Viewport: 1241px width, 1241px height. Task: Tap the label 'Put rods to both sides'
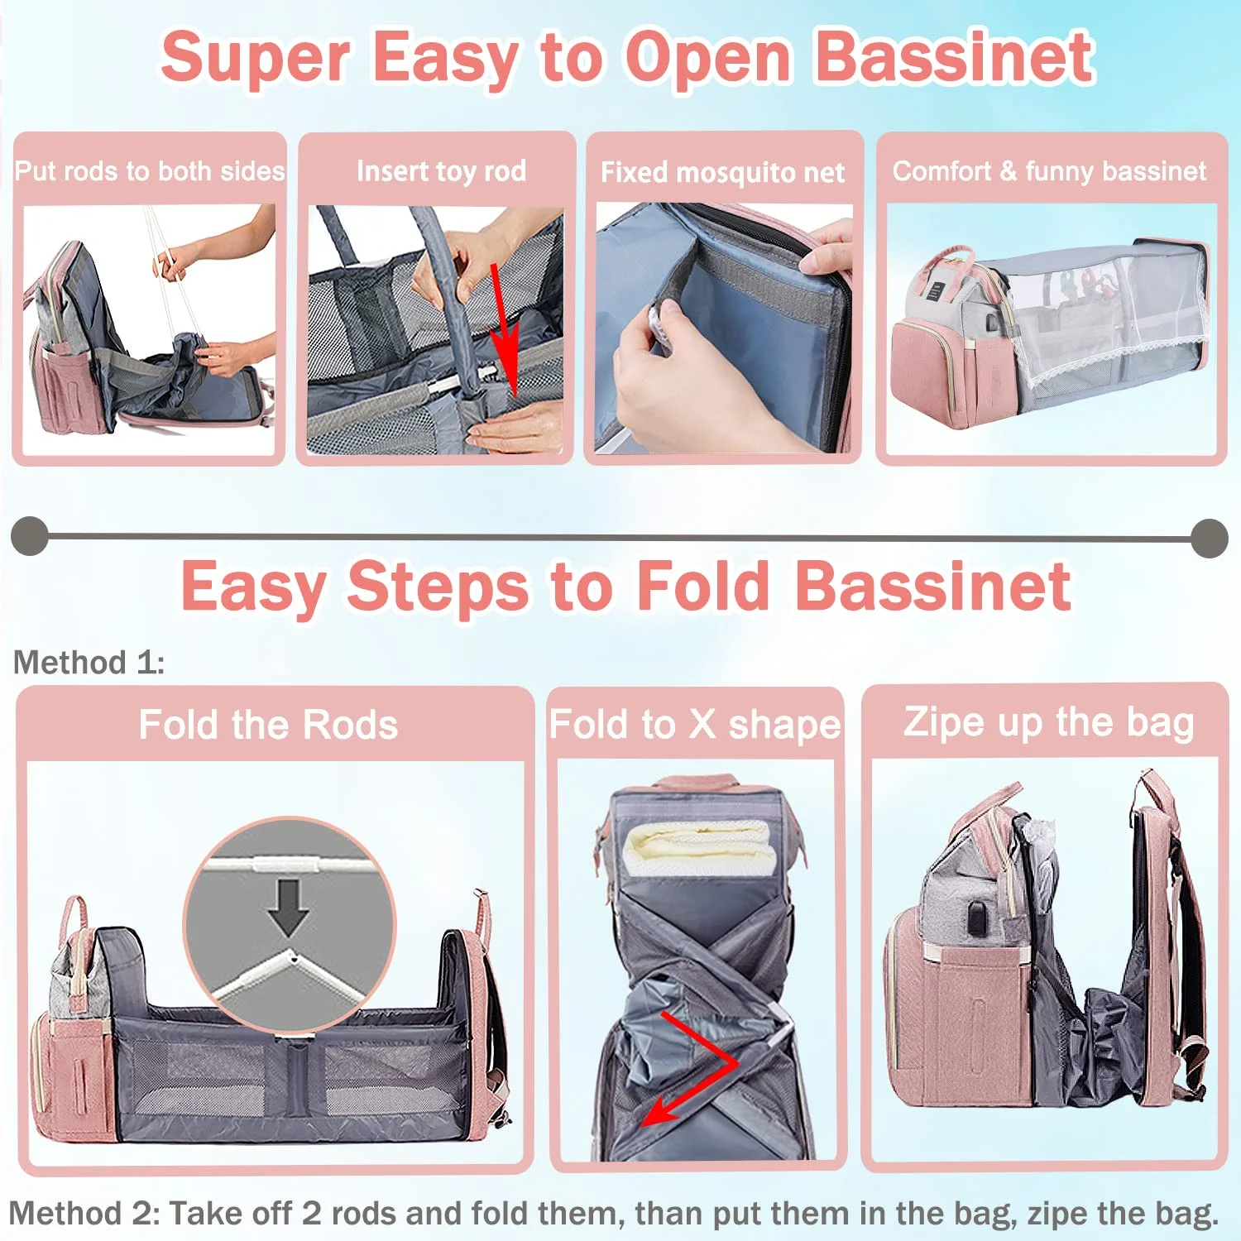150,171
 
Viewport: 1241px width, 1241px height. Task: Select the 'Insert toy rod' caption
441,171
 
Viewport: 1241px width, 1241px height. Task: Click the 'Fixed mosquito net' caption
722,172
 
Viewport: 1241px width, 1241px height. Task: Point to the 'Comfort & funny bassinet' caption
1049,171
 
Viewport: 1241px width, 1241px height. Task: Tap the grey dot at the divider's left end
30,536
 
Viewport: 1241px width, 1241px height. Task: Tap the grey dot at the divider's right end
1210,539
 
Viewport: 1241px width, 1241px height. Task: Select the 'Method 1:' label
89,663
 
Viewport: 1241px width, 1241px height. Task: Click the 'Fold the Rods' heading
268,725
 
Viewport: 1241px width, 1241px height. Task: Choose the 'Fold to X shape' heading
696,725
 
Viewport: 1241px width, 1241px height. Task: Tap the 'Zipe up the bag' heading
1049,723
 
